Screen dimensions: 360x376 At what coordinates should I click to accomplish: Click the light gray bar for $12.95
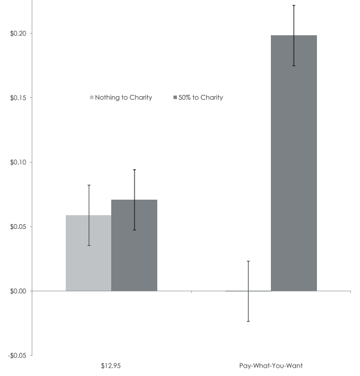tap(89, 253)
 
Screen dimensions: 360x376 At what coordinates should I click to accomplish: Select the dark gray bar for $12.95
tap(135, 245)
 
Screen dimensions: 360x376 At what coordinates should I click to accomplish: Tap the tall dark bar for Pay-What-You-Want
tap(294, 163)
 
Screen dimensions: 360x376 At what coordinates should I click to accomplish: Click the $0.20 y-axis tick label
tap(18, 33)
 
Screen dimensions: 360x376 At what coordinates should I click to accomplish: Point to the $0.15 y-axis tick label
tap(18, 98)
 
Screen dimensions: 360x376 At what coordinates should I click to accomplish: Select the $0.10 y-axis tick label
tap(18, 163)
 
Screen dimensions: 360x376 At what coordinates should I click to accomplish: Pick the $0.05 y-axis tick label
tap(18, 227)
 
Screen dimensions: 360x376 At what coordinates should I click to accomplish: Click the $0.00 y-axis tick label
tap(18, 291)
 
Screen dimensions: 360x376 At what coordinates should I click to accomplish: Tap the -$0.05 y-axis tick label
tap(17, 356)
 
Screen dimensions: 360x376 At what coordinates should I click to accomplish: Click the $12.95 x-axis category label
tap(111, 366)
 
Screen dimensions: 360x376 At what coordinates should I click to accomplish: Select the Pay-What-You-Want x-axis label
tap(271, 366)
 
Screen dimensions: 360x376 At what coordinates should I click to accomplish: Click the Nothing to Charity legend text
tap(124, 97)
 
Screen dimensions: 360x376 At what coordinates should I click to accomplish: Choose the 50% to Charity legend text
tap(201, 97)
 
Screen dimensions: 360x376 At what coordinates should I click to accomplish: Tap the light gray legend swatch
tap(91, 97)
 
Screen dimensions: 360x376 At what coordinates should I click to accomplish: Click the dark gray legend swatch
tap(175, 97)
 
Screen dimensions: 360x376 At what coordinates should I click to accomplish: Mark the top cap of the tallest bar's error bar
tap(294, 5)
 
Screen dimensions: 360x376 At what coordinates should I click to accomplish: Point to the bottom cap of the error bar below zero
tap(248, 321)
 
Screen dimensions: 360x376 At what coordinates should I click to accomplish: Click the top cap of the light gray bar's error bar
tap(89, 185)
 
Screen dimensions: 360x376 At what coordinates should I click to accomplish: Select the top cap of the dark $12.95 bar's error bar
tap(135, 170)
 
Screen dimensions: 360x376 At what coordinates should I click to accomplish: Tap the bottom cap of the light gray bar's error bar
tap(89, 245)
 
